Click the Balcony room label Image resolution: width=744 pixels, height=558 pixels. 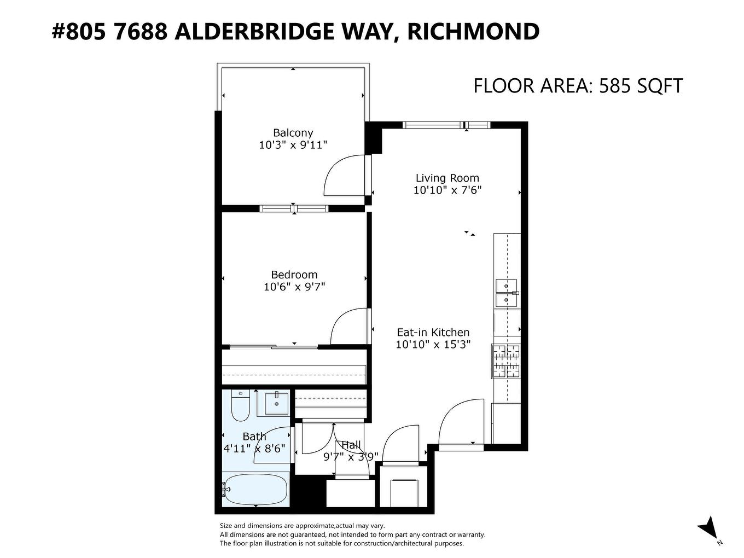293,132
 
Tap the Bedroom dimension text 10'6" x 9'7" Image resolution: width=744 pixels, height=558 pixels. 294,287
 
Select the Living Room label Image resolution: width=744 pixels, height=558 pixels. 447,178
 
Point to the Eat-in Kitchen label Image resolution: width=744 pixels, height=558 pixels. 433,332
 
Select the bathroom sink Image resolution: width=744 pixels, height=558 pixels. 277,403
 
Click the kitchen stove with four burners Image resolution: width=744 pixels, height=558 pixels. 506,361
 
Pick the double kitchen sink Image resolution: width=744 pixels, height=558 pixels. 507,293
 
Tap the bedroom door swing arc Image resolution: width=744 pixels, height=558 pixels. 349,327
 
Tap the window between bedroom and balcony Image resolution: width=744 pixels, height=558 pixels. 294,208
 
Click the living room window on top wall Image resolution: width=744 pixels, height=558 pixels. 446,125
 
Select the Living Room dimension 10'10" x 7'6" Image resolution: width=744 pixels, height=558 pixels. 447,190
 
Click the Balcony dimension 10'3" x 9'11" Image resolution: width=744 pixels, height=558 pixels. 293,145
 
